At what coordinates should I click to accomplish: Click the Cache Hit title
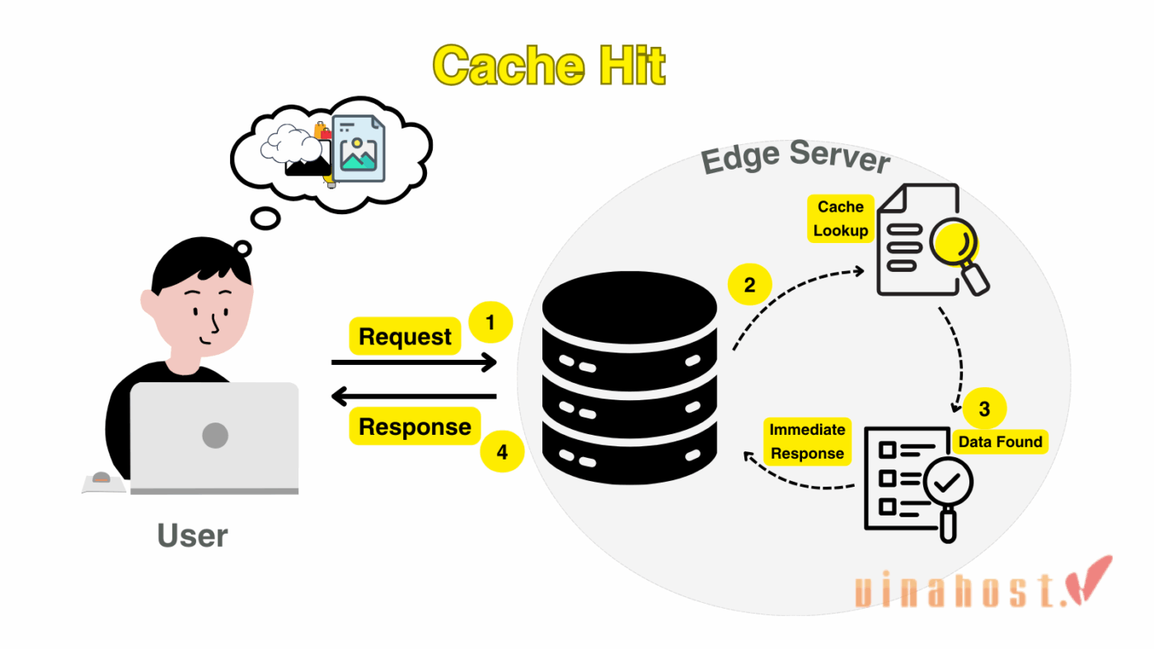(549, 66)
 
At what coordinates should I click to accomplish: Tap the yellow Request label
(405, 336)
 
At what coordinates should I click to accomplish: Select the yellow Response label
(415, 427)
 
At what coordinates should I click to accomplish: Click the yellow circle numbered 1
(490, 323)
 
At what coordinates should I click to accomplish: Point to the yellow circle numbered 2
(749, 286)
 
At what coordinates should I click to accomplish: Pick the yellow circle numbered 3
(984, 409)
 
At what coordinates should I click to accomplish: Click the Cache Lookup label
(840, 219)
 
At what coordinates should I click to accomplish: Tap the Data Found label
(1000, 442)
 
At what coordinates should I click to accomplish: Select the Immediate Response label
(807, 441)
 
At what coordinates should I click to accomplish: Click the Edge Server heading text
(795, 156)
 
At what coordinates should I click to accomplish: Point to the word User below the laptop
(192, 536)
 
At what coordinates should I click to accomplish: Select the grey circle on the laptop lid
(215, 435)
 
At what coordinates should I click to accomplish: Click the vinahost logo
(981, 586)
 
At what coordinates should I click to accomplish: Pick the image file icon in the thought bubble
(358, 148)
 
